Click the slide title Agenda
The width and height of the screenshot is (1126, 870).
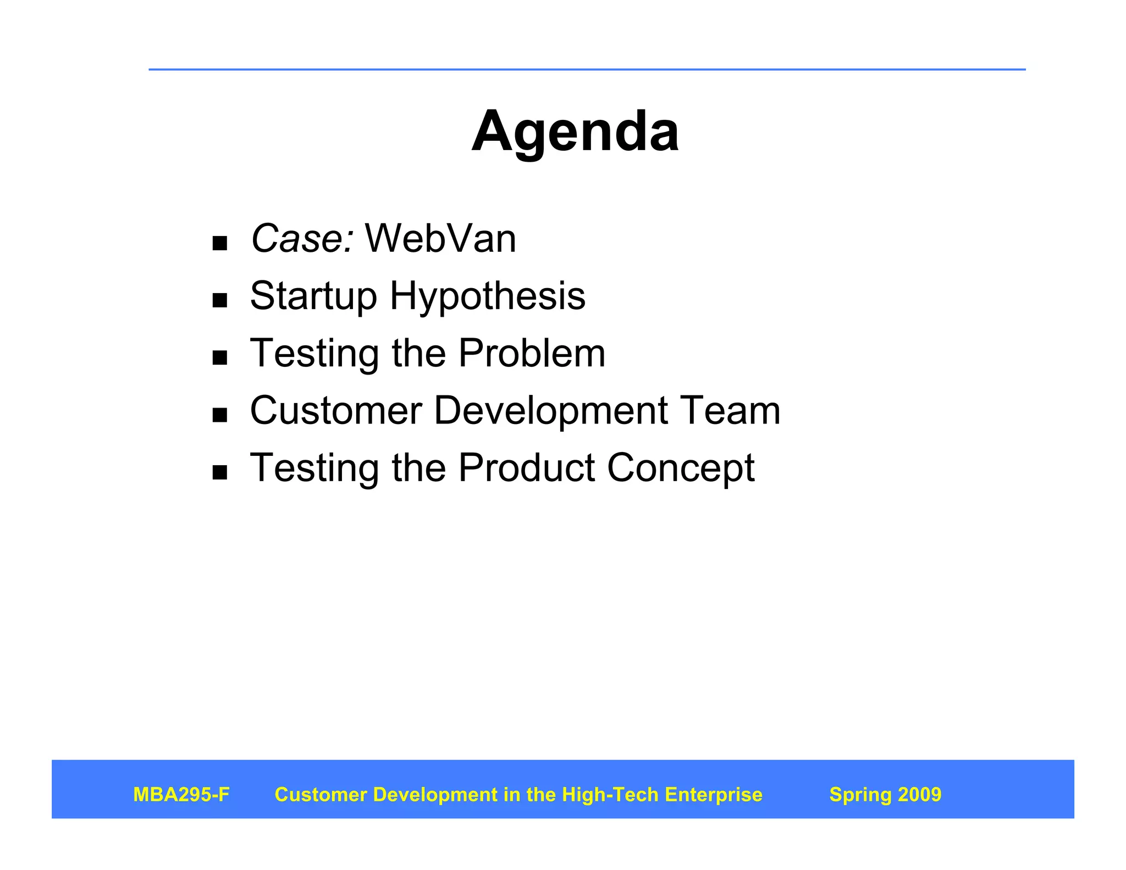(x=575, y=132)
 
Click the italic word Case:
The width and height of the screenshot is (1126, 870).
(x=302, y=239)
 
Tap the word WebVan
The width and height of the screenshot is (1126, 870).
(x=440, y=239)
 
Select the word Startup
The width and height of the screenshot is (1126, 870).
(x=313, y=297)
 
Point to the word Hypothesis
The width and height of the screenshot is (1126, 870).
(x=487, y=297)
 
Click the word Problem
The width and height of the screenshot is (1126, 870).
(x=531, y=353)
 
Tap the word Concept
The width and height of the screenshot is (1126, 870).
(x=680, y=469)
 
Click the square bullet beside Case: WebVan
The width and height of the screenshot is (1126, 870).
(x=220, y=243)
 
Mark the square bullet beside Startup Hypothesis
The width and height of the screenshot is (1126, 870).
(x=220, y=300)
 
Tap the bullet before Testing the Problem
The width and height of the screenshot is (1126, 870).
(x=220, y=358)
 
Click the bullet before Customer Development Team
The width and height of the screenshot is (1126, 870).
(x=220, y=415)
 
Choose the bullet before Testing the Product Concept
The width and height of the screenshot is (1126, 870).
(x=220, y=472)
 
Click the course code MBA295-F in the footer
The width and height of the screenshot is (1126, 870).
(x=181, y=795)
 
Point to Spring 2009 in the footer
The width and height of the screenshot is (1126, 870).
(x=885, y=795)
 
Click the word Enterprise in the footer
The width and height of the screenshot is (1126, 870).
(x=713, y=795)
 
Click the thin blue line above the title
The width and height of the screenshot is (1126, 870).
(x=587, y=70)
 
